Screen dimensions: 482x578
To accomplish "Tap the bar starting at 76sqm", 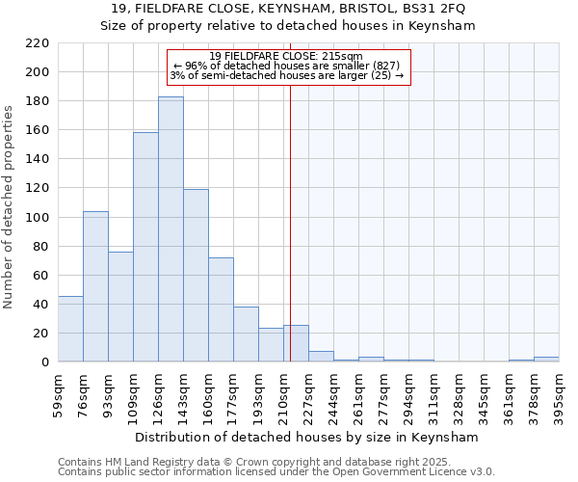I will click(x=95, y=286).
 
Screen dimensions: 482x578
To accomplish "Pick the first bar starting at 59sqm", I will click(x=70, y=329).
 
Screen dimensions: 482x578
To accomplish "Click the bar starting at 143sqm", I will click(x=196, y=276).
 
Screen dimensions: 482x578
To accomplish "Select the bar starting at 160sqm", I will click(x=221, y=309).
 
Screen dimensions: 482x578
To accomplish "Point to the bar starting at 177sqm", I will click(x=246, y=335).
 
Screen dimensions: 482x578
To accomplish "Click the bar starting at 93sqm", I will click(x=120, y=307).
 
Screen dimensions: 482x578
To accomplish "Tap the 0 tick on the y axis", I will click(x=44, y=362).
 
